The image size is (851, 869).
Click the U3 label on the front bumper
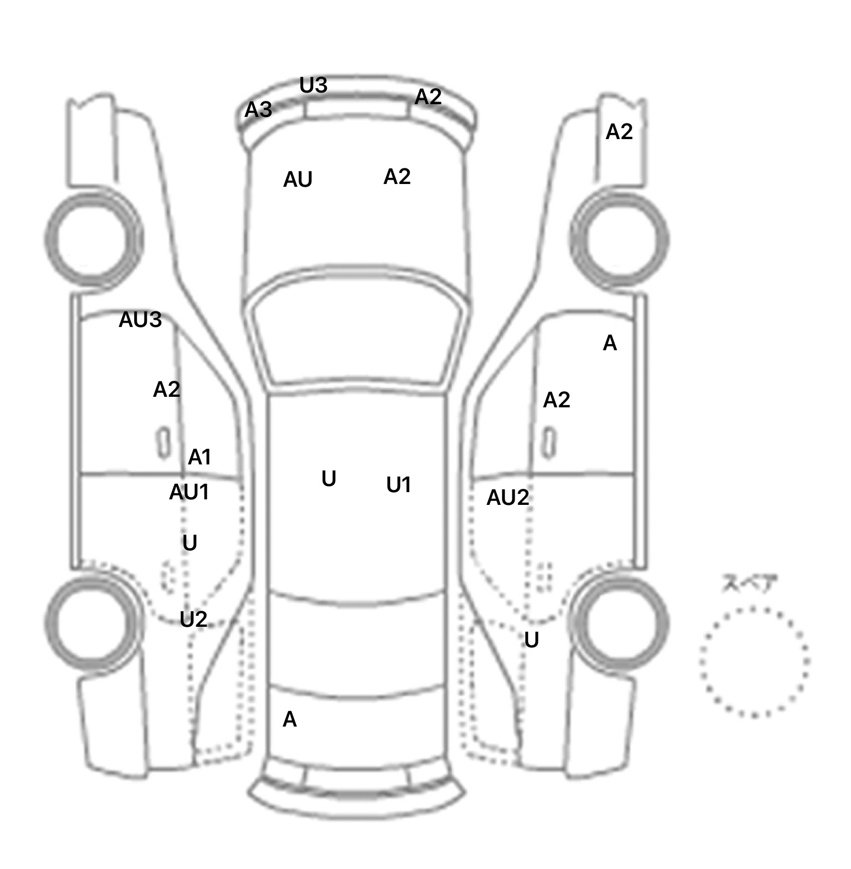[x=314, y=85]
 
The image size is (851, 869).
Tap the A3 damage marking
[x=258, y=110]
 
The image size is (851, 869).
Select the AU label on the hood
[x=298, y=180]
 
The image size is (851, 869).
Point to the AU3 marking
[x=140, y=320]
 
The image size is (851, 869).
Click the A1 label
[x=199, y=457]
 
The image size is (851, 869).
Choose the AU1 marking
[x=189, y=492]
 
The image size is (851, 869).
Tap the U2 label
[x=193, y=619]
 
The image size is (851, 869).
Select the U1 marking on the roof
[x=398, y=485]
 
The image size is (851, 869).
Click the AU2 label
[x=507, y=498]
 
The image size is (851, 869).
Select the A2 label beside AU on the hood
[x=397, y=177]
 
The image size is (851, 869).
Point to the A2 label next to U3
[x=428, y=97]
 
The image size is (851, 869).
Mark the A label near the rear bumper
[x=290, y=719]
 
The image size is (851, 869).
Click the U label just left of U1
[x=329, y=479]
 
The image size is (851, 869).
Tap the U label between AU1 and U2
[x=189, y=543]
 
